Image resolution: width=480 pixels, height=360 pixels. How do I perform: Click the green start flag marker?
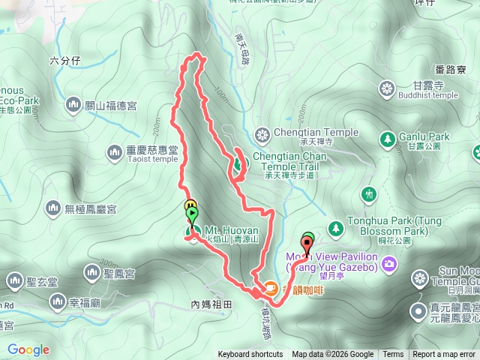tap(193, 214)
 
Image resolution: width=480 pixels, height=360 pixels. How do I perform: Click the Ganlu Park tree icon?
tap(388, 139)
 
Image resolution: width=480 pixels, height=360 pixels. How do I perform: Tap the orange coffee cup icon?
tap(269, 286)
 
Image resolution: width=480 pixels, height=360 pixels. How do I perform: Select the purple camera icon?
tap(389, 262)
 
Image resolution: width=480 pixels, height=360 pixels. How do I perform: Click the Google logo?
tap(28, 349)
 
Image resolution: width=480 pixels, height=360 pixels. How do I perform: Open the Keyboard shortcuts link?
tap(250, 355)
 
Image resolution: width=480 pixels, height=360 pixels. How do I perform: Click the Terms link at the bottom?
tap(393, 355)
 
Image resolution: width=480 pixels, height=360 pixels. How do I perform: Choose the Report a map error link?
tap(445, 355)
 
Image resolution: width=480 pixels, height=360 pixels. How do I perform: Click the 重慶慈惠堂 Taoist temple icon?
tap(115, 152)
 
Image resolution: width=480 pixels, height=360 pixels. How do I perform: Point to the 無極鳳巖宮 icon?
tap(53, 206)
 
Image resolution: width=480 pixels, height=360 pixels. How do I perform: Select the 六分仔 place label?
tap(64, 59)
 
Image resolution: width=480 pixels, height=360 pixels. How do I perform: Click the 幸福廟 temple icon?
tap(58, 301)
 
